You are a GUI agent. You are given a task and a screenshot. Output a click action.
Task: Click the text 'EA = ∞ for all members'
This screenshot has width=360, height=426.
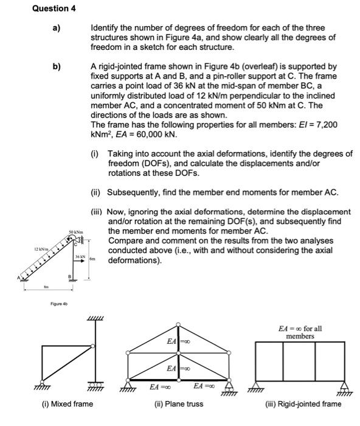point(300,332)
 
